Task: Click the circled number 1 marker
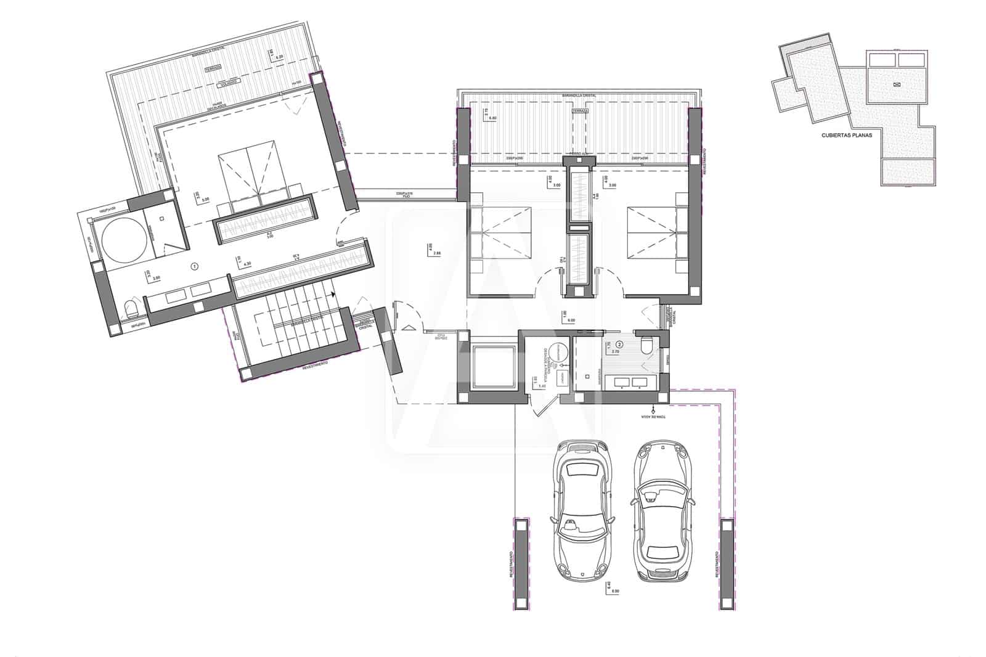[195, 267]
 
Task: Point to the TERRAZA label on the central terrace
[579, 110]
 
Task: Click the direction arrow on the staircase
[333, 295]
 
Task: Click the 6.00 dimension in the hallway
[570, 320]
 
